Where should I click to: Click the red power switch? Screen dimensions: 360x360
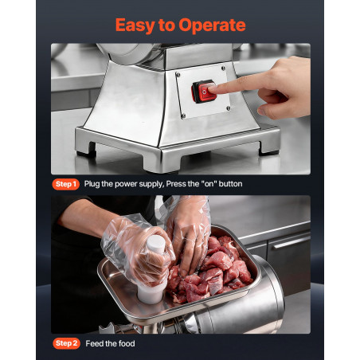click(204, 92)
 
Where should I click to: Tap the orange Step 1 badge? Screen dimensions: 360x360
click(66, 184)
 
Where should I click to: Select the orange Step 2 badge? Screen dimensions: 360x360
click(66, 343)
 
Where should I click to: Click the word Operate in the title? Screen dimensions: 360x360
click(212, 26)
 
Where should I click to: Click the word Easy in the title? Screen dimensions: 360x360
click(135, 26)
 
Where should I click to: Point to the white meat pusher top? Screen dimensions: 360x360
click(157, 244)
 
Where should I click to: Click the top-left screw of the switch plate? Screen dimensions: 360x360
click(178, 75)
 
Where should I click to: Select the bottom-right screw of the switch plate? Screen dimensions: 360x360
click(228, 108)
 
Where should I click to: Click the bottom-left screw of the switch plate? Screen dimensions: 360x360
click(183, 115)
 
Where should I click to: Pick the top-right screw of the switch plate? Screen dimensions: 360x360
click(223, 68)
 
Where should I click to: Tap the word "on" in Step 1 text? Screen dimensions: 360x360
click(209, 184)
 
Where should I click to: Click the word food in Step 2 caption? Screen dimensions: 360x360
click(127, 343)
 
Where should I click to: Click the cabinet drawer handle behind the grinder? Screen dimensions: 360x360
click(292, 243)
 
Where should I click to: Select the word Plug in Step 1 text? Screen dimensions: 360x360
click(92, 184)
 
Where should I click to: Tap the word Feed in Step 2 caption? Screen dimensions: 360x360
click(94, 343)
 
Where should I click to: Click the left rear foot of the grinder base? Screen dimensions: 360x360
click(86, 149)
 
